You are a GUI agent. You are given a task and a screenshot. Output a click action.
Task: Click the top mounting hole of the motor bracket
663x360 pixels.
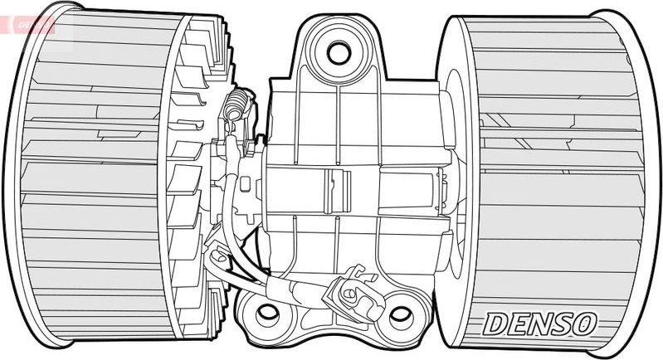[x=338, y=52]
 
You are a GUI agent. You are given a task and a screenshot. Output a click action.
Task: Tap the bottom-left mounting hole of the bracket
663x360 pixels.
[x=266, y=314]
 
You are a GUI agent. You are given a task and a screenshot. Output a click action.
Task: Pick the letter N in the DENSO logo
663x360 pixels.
[x=538, y=324]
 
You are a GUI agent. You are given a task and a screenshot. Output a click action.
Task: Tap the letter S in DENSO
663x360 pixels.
[x=561, y=324]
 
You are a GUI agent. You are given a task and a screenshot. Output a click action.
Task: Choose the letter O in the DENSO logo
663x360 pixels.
[x=583, y=324]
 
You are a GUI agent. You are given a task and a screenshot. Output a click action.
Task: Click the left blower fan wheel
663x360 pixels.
[x=100, y=178]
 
